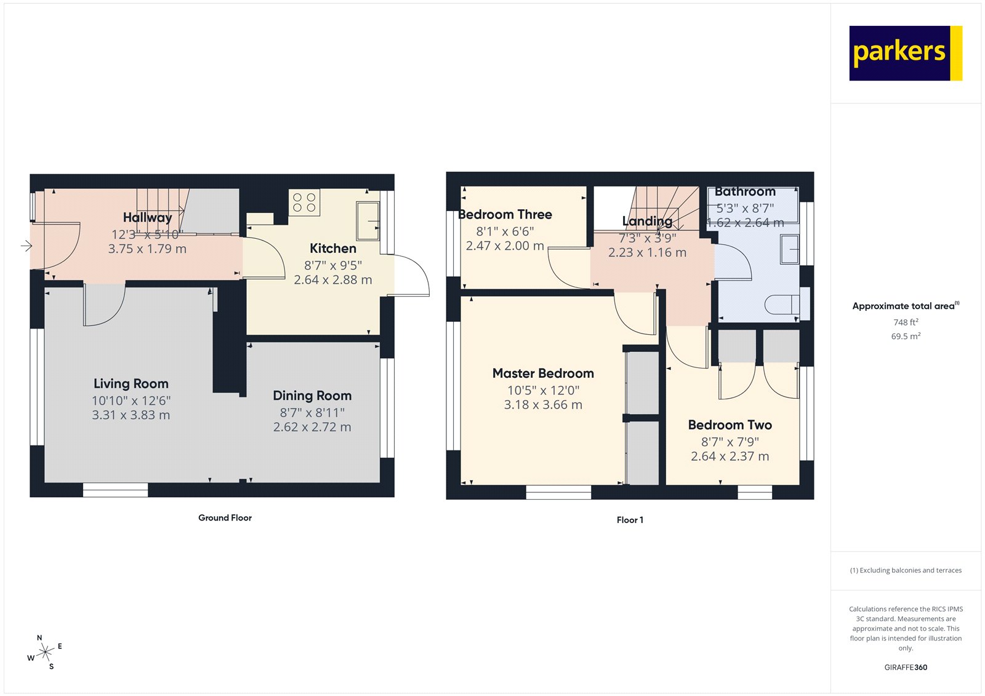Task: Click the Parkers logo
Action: (x=905, y=53)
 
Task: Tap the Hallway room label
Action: (x=148, y=217)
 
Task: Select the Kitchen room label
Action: (x=333, y=249)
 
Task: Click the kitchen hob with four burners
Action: (x=304, y=202)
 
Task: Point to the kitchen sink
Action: (x=368, y=220)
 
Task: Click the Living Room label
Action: (x=131, y=384)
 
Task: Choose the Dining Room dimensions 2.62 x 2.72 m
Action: (x=312, y=427)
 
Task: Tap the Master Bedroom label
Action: (x=543, y=374)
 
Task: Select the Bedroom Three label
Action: (x=505, y=215)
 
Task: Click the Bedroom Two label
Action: (x=730, y=425)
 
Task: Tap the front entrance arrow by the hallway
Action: (x=26, y=246)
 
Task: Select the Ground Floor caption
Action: (x=225, y=518)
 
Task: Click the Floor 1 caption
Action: (x=630, y=520)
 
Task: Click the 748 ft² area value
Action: (x=906, y=322)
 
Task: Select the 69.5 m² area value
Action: (x=906, y=337)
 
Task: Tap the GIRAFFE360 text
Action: (x=906, y=668)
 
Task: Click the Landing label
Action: (x=647, y=221)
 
